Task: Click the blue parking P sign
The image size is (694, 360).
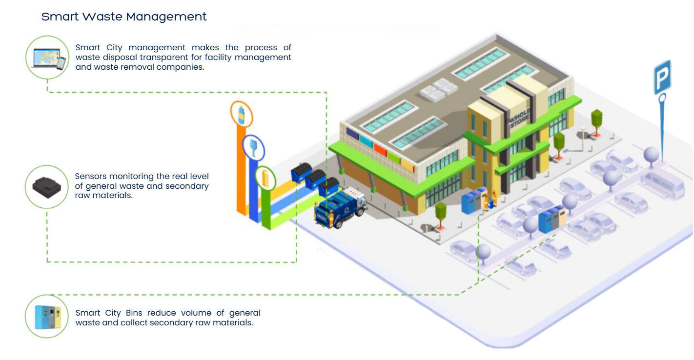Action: [x=662, y=77]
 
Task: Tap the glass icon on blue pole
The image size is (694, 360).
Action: [x=253, y=148]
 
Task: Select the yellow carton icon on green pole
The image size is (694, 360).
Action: [x=265, y=179]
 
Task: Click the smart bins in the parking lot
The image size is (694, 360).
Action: [x=551, y=219]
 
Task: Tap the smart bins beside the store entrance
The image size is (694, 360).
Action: [x=474, y=200]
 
